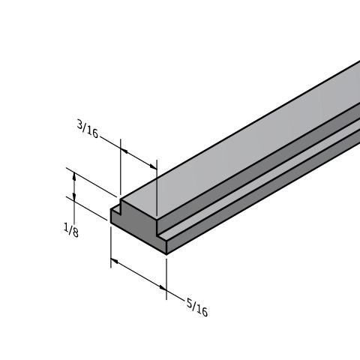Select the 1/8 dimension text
(x=71, y=230)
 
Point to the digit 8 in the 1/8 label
(x=75, y=233)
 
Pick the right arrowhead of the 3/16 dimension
(x=153, y=166)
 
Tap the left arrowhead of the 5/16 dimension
(x=115, y=262)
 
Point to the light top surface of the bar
(x=247, y=142)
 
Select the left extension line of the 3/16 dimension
(x=121, y=172)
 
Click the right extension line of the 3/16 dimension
(x=156, y=191)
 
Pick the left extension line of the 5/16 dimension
(x=111, y=244)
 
